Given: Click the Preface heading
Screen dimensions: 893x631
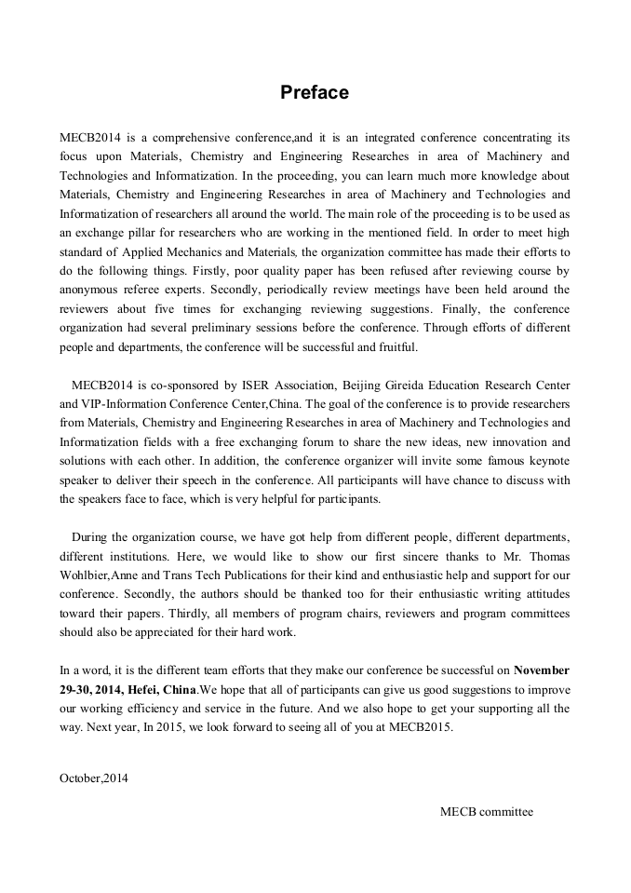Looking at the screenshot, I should tap(315, 93).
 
